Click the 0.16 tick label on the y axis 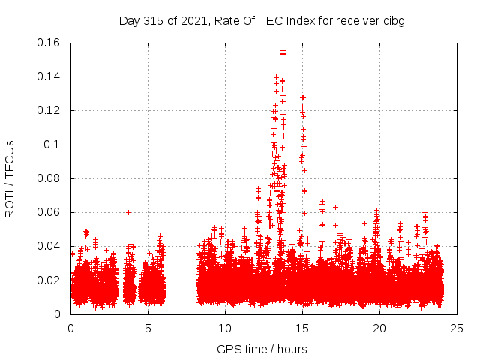tap(49, 43)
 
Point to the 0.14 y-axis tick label tap(49, 76)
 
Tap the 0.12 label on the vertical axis tap(49, 110)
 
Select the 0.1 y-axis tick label tap(55, 145)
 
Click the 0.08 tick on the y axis tap(49, 178)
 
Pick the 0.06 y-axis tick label tap(49, 212)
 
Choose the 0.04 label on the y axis tap(49, 246)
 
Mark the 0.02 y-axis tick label tap(49, 280)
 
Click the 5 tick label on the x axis tap(148, 328)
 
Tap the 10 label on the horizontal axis tap(225, 328)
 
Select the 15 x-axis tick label tap(302, 328)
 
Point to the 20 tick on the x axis tap(379, 328)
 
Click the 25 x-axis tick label tap(457, 328)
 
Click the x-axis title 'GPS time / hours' tap(262, 349)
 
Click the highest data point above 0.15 tap(283, 51)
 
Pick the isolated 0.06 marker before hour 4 tap(128, 212)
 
